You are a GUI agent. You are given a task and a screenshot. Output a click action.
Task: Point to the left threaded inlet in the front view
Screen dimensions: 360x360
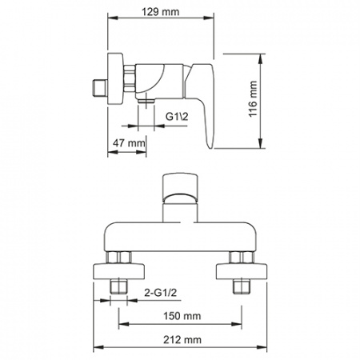click(122, 286)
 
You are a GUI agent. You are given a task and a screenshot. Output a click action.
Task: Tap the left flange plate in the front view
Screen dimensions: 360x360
click(122, 269)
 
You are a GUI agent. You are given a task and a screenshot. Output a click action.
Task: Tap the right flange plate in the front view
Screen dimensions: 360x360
click(238, 269)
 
